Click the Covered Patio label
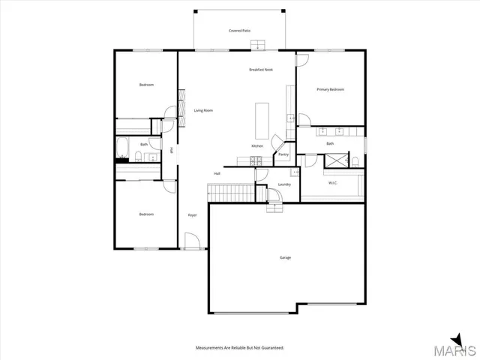click(x=239, y=31)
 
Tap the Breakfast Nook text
click(x=260, y=70)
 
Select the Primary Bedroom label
click(x=330, y=89)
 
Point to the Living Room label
click(x=203, y=110)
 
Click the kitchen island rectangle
click(x=262, y=118)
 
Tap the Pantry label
click(x=283, y=154)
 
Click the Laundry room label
click(x=284, y=184)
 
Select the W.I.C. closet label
click(x=334, y=182)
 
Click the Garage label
click(x=285, y=257)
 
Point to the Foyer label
click(x=192, y=214)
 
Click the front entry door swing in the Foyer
click(x=193, y=241)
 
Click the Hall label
click(x=217, y=173)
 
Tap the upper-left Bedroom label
click(x=146, y=85)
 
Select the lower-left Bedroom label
click(x=146, y=214)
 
